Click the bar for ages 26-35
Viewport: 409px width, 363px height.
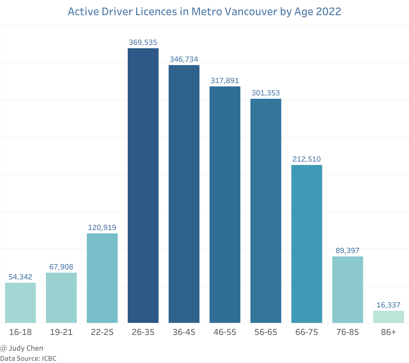[x=143, y=185]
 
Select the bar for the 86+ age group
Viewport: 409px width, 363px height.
[x=389, y=317]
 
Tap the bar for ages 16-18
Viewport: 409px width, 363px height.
[x=20, y=303]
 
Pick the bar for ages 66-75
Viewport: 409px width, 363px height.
[x=307, y=244]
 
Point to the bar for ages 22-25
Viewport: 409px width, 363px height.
[x=102, y=278]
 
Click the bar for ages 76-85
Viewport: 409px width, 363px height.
[x=348, y=290]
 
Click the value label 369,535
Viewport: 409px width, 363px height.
[x=143, y=42]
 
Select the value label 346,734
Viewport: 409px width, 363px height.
[x=184, y=59]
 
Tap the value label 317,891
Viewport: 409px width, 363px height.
[x=225, y=81]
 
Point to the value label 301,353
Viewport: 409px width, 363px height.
[x=266, y=93]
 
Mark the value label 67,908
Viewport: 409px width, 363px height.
[x=61, y=267]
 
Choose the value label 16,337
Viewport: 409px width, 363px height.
[x=389, y=305]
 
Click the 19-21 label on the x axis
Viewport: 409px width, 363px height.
[x=61, y=332]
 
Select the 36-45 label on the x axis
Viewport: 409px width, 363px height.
[x=184, y=332]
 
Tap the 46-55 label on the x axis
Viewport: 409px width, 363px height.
[x=225, y=332]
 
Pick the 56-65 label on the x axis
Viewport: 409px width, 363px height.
[x=266, y=332]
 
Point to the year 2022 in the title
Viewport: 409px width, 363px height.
[x=329, y=12]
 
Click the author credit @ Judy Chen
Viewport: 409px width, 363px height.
[x=22, y=348]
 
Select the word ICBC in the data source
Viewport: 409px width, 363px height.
[x=49, y=359]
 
